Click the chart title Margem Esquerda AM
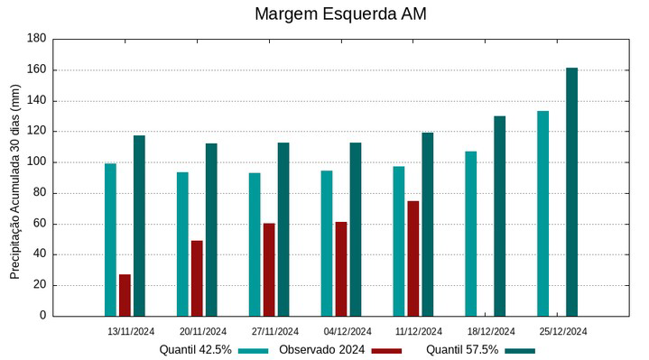[339, 14]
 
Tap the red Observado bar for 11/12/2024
[413, 258]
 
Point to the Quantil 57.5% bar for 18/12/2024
[499, 216]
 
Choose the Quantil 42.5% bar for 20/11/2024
[182, 244]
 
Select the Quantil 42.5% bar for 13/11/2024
[110, 239]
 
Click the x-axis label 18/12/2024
[491, 331]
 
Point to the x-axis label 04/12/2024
[348, 331]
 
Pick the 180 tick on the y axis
[36, 39]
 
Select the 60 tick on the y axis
[39, 224]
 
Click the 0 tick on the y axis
[42, 316]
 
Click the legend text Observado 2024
[321, 349]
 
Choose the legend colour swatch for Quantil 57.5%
[519, 350]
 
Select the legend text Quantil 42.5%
[196, 349]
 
